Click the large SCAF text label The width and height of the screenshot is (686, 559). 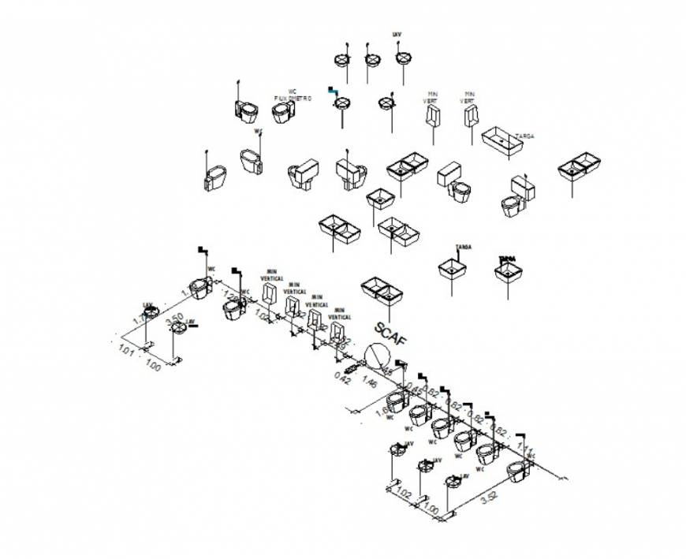[x=392, y=334]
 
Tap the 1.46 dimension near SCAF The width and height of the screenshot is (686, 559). [x=369, y=383]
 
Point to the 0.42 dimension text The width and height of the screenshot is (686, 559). [x=342, y=378]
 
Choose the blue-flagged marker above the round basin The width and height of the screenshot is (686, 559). [x=332, y=90]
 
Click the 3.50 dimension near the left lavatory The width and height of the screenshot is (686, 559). [x=173, y=319]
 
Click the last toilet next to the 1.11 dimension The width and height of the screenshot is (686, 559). [x=518, y=471]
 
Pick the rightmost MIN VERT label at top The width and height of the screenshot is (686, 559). [x=469, y=98]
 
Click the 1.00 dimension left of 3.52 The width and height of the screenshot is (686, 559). [x=431, y=510]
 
